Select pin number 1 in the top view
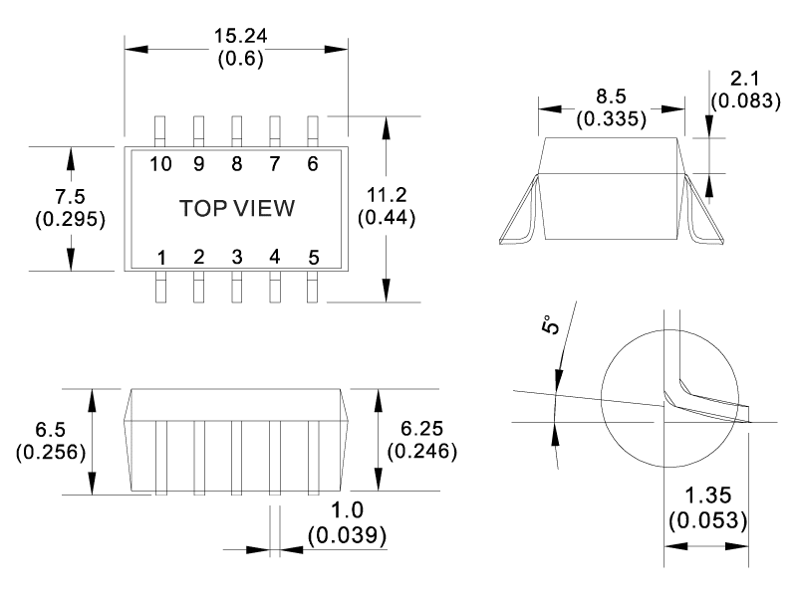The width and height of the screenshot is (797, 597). click(x=161, y=258)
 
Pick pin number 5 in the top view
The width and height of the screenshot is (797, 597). click(x=313, y=258)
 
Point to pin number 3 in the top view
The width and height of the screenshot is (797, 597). click(x=237, y=258)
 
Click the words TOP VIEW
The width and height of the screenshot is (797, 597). click(x=237, y=209)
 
